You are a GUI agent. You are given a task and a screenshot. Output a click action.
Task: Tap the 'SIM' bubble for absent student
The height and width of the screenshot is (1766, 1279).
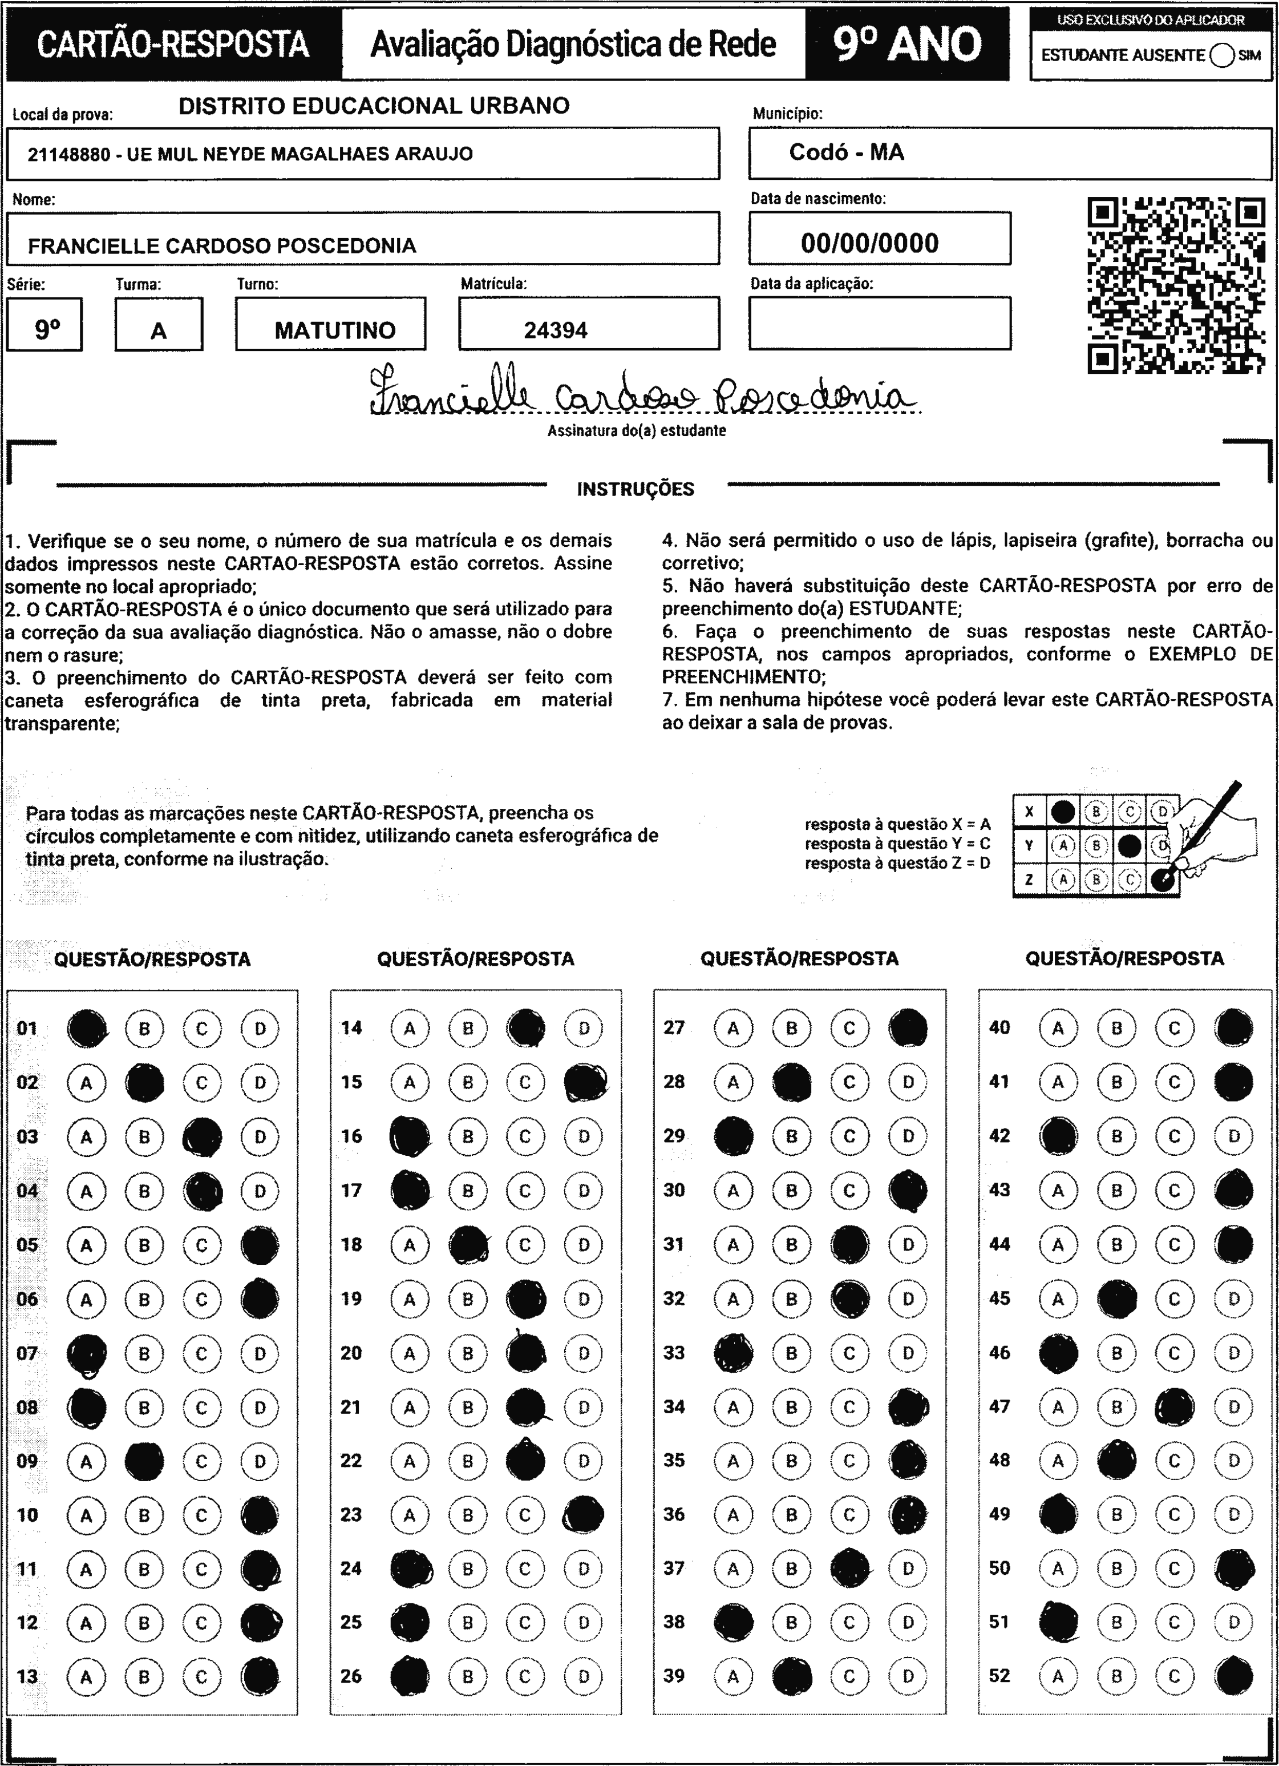tap(1222, 55)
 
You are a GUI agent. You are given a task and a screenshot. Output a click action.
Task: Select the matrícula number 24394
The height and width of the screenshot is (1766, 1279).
tap(555, 330)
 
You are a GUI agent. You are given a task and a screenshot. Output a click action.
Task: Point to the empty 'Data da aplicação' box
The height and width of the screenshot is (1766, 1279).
tap(880, 323)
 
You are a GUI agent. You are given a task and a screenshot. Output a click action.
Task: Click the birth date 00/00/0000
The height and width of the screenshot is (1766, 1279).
tap(869, 243)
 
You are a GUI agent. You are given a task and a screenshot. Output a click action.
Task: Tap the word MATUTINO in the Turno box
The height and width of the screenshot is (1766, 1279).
tap(335, 330)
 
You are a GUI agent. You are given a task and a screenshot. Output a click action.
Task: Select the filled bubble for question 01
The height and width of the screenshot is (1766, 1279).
tap(86, 1029)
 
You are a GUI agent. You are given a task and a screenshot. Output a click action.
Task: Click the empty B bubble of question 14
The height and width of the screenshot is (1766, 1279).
tap(467, 1029)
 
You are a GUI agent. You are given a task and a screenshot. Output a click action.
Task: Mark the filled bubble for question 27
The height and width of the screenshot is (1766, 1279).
tap(908, 1028)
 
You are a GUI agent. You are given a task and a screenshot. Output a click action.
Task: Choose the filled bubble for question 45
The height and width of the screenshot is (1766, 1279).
tap(1116, 1298)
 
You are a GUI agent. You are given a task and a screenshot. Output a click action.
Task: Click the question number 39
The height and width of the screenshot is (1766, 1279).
tap(674, 1675)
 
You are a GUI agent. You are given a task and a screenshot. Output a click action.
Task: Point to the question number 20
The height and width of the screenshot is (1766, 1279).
tap(351, 1353)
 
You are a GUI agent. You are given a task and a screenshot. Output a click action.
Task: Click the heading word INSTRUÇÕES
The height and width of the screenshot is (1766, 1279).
tap(635, 489)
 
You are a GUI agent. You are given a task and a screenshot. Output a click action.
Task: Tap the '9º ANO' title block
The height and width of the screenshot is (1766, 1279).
tap(907, 43)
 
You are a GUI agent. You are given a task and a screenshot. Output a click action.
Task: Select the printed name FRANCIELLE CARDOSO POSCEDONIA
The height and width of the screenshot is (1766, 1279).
tap(222, 246)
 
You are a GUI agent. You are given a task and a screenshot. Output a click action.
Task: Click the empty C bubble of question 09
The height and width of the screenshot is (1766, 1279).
tap(201, 1461)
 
